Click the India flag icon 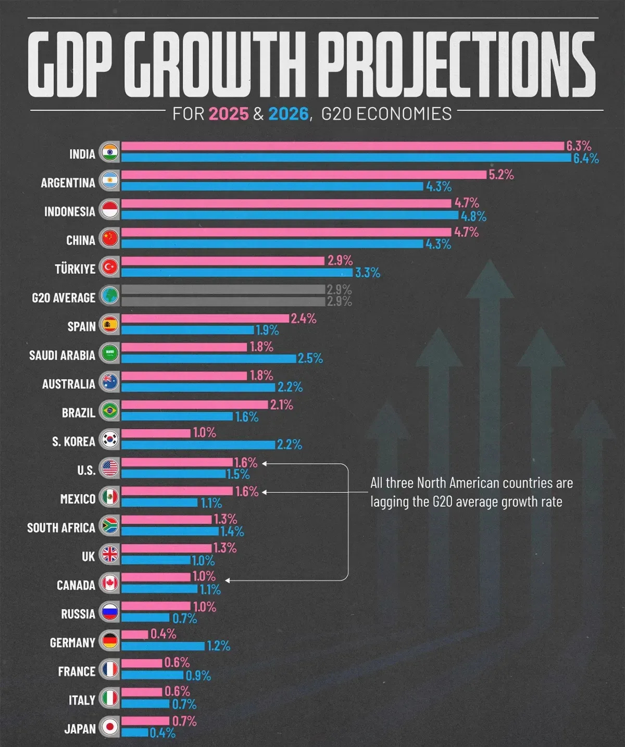click(x=110, y=153)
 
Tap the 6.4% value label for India click(x=586, y=159)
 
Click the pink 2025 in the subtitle click(x=229, y=113)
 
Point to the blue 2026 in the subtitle click(x=288, y=113)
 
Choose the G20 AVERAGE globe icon click(x=110, y=296)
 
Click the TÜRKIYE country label click(x=75, y=269)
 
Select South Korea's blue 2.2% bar click(x=198, y=445)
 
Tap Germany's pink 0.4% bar click(x=135, y=635)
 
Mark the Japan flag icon click(x=110, y=727)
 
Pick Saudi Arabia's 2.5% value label click(x=310, y=359)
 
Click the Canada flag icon click(x=110, y=584)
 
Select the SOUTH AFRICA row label click(x=61, y=528)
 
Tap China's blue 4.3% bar click(x=272, y=244)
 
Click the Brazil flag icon click(x=110, y=411)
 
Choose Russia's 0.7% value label click(x=184, y=618)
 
